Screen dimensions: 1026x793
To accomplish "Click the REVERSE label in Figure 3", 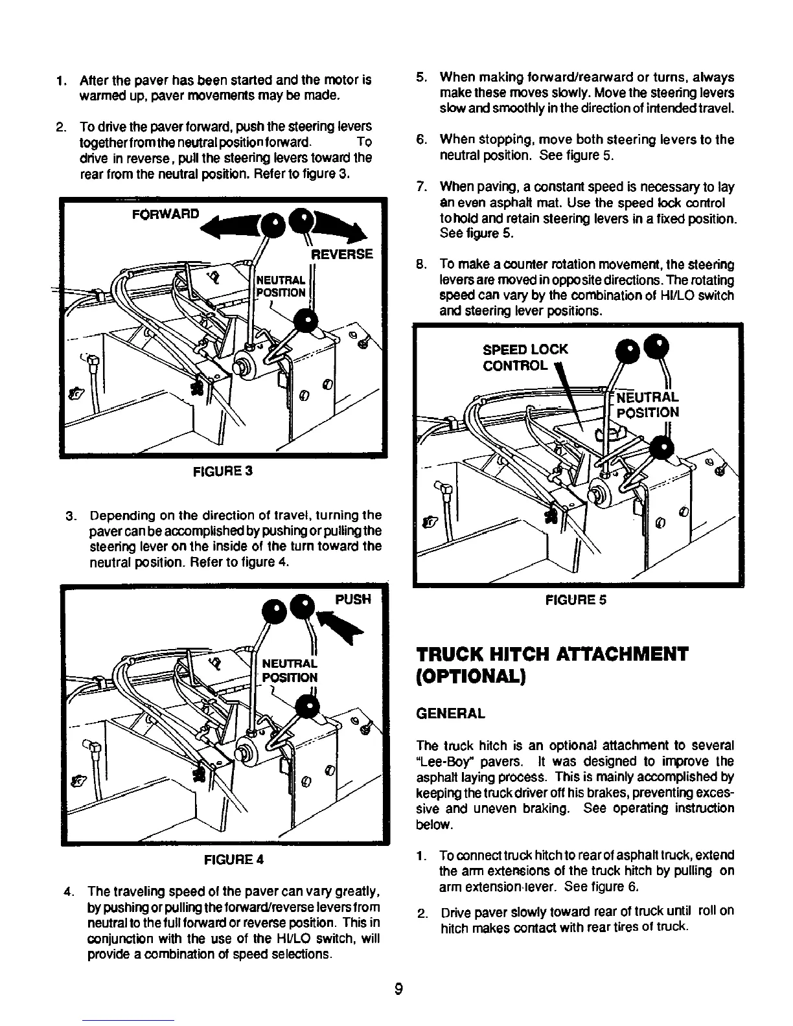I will pyautogui.click(x=342, y=253).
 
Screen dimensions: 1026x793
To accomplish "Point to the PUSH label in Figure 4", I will pyautogui.click(x=353, y=600).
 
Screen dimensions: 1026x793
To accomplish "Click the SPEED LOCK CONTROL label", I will pyautogui.click(x=525, y=358).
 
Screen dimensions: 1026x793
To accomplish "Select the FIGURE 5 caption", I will pyautogui.click(x=576, y=600).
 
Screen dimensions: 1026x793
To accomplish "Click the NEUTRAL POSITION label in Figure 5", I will pyautogui.click(x=646, y=405).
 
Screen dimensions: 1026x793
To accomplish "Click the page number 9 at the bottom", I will pyautogui.click(x=399, y=989).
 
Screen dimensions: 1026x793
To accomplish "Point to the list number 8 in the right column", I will pyautogui.click(x=420, y=265).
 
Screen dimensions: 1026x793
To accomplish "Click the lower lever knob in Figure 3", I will pyautogui.click(x=305, y=319).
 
